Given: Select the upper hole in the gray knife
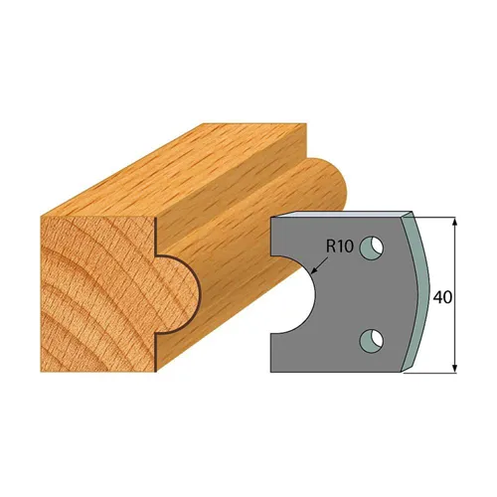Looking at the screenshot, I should point(372,245).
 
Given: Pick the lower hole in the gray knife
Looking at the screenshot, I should point(372,338).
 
